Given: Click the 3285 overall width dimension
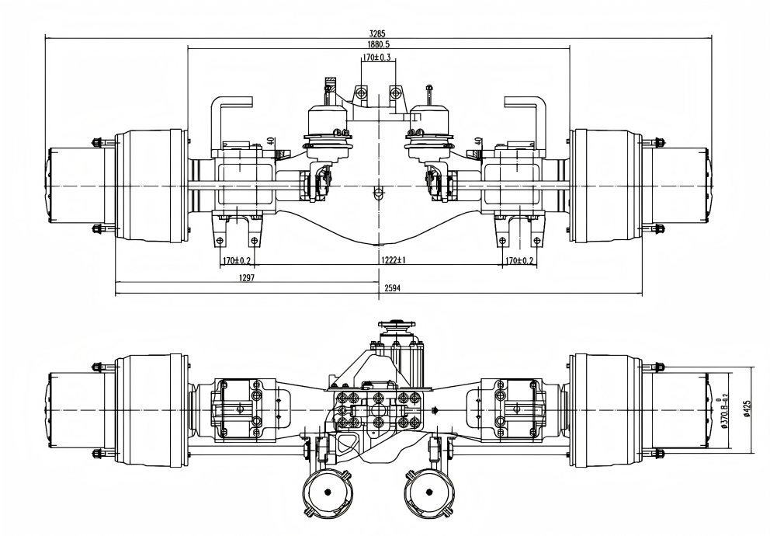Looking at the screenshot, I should [377, 33].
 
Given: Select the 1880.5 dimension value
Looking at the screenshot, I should [378, 45].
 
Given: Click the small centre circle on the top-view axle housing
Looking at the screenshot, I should [378, 191].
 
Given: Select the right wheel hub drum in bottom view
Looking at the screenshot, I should [605, 409].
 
